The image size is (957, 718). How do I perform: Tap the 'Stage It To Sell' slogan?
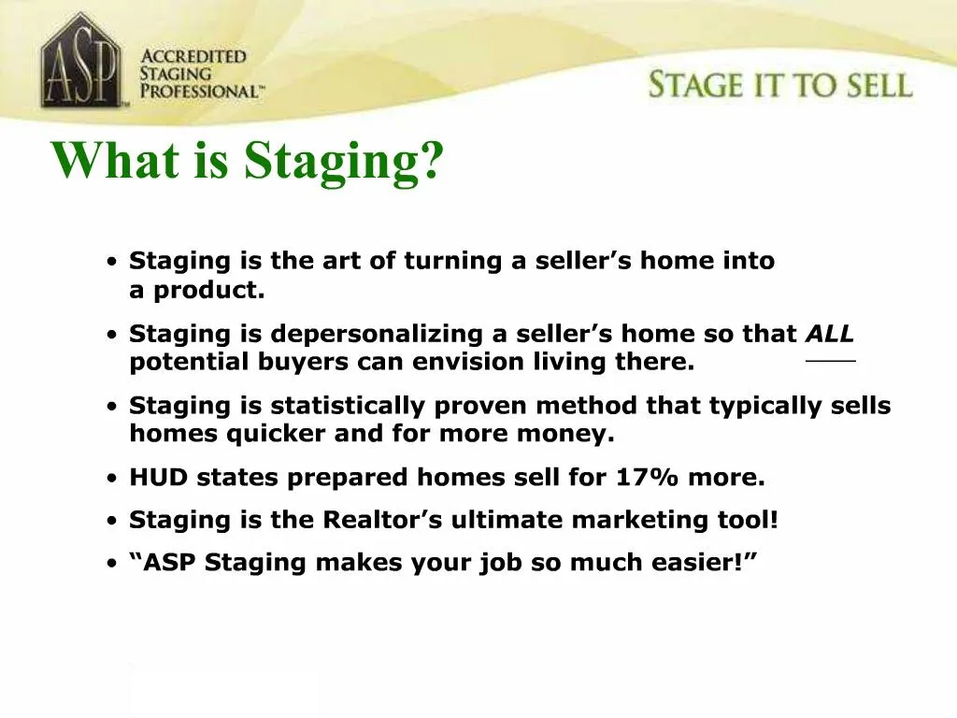(779, 85)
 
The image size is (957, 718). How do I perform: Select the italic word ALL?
(830, 334)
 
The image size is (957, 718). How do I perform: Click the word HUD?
(159, 478)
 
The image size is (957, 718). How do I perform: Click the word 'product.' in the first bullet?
(209, 290)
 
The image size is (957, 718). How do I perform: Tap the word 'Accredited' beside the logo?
(193, 56)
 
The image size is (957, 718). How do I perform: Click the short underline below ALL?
(830, 361)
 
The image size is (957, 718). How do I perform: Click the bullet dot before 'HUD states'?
(112, 479)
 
